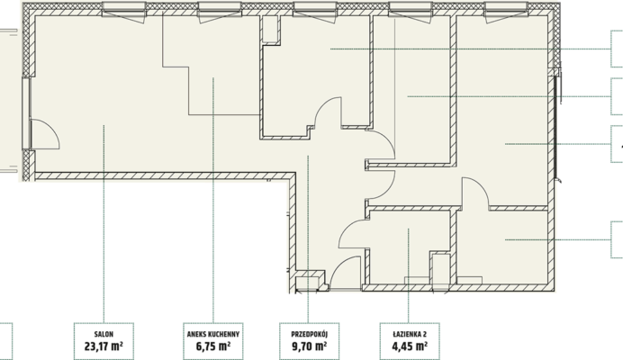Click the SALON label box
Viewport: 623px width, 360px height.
(x=104, y=341)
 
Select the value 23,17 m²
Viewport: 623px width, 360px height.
(x=104, y=346)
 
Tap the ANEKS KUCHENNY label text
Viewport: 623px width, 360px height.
(x=213, y=334)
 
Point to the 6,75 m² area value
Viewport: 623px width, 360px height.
(x=213, y=346)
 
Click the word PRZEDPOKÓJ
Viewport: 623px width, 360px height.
(x=310, y=334)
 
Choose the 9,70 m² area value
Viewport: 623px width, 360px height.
(x=310, y=346)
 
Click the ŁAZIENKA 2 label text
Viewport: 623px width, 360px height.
(x=410, y=334)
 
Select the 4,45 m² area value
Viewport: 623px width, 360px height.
(x=410, y=346)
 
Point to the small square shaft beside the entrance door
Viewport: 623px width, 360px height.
(x=310, y=280)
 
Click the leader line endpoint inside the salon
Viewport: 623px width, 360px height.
(x=104, y=125)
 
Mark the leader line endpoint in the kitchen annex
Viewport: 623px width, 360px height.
(x=213, y=78)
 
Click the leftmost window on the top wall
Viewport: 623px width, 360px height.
(x=124, y=10)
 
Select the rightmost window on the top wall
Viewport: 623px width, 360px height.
(x=506, y=10)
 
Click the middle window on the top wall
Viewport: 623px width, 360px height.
(x=315, y=10)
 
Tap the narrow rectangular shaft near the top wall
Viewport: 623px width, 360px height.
(x=270, y=29)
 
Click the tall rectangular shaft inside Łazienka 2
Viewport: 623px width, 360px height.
(x=440, y=268)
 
